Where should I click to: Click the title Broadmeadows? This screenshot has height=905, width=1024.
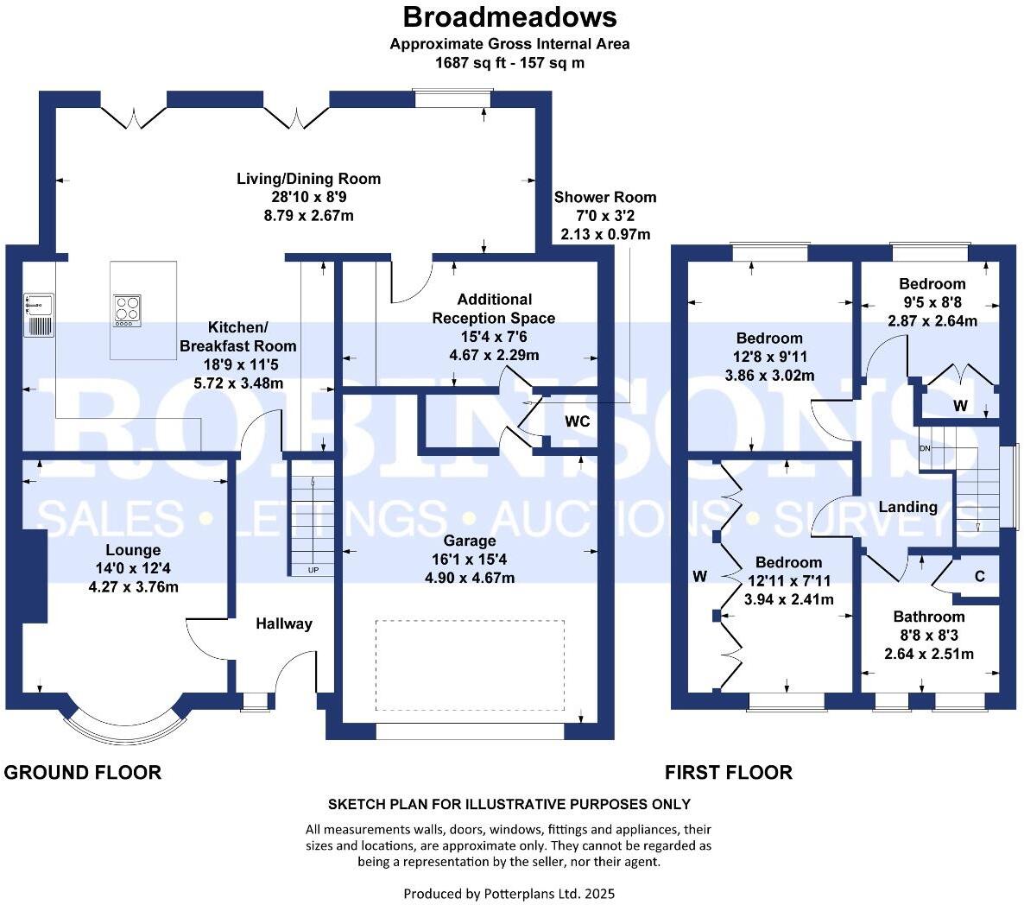(x=509, y=17)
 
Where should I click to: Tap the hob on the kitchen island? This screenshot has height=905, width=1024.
(x=127, y=311)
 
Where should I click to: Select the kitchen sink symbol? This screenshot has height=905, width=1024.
(x=39, y=314)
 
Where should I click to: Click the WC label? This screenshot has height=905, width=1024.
(x=578, y=421)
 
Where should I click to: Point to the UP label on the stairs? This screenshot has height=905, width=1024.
(x=313, y=570)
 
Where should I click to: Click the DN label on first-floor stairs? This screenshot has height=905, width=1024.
(x=925, y=448)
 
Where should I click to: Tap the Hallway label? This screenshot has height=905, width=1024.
(x=284, y=623)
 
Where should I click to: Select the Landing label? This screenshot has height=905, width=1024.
(x=907, y=507)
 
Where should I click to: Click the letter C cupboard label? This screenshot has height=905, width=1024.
(x=980, y=576)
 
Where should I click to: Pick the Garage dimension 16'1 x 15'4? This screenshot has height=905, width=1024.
(x=470, y=559)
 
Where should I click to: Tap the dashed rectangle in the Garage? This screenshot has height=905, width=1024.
(x=471, y=665)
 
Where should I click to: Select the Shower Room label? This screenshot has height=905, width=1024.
(x=605, y=197)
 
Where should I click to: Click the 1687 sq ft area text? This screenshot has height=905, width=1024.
(x=509, y=63)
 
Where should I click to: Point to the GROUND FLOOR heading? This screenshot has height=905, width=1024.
(x=82, y=773)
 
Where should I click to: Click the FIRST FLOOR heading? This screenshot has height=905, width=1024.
(x=729, y=773)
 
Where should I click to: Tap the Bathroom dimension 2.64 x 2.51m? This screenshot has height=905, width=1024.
(x=929, y=654)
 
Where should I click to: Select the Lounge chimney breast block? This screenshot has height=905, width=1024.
(x=35, y=576)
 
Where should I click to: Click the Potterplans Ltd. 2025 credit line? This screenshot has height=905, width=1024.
(x=509, y=893)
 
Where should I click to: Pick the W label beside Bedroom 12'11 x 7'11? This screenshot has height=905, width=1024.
(x=700, y=576)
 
